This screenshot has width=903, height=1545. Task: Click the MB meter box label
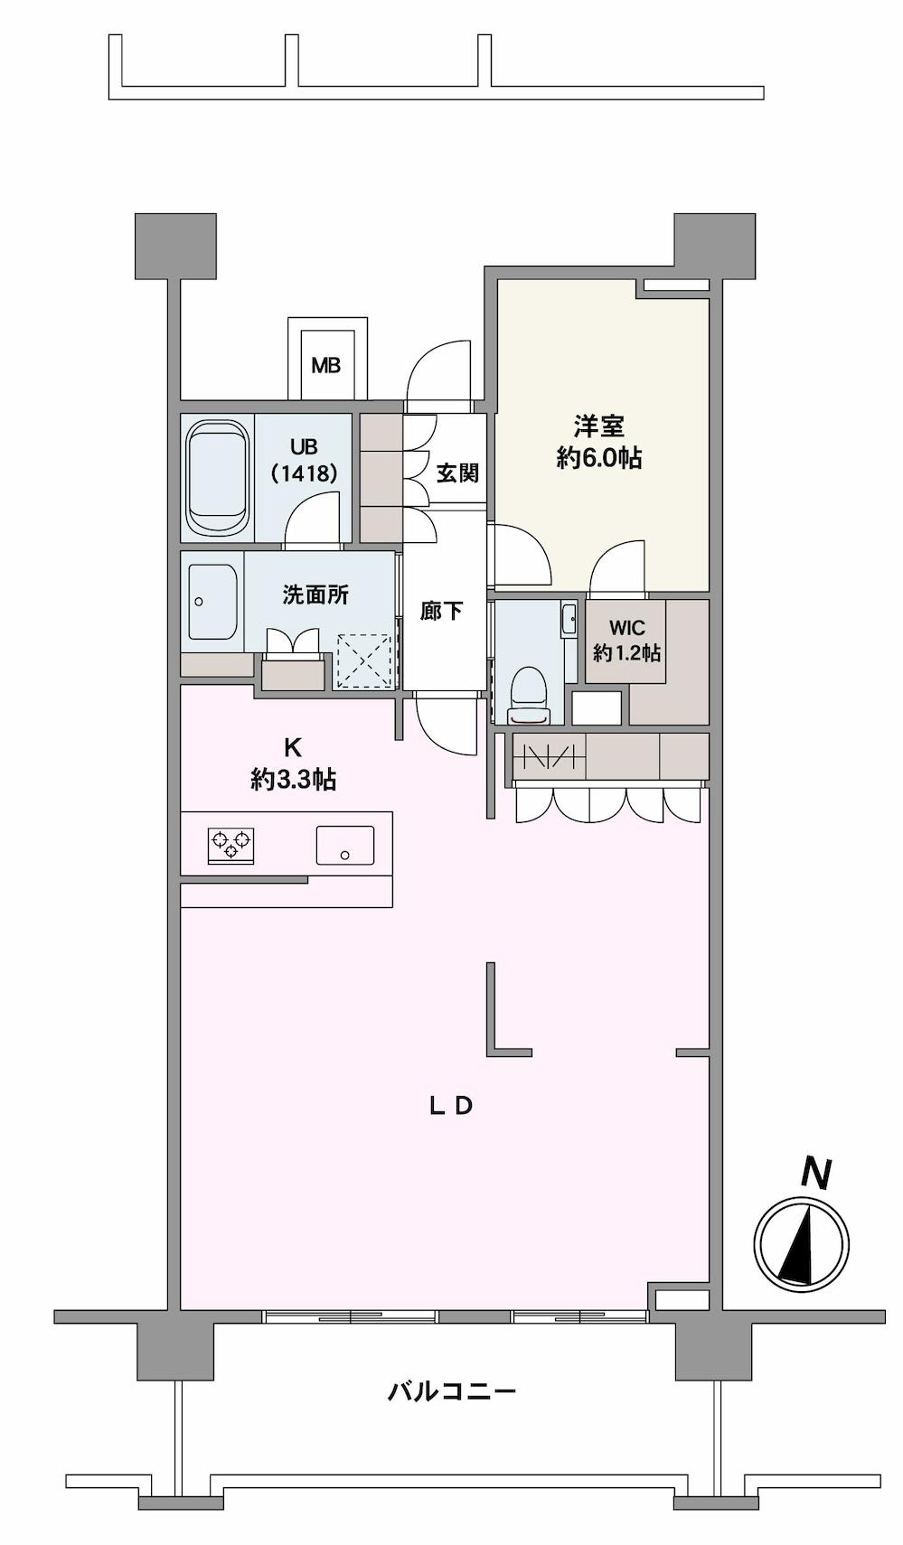pyautogui.click(x=326, y=366)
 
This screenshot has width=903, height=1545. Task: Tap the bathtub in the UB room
pyautogui.click(x=217, y=479)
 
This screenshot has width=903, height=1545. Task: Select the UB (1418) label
pyautogui.click(x=304, y=461)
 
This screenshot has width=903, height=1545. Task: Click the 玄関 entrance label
pyautogui.click(x=457, y=473)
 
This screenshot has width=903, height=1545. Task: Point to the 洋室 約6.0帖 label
pyautogui.click(x=599, y=442)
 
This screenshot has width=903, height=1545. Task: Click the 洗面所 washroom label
pyautogui.click(x=315, y=595)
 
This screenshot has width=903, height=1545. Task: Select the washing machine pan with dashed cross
pyautogui.click(x=364, y=660)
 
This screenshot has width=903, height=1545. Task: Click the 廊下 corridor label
pyautogui.click(x=442, y=612)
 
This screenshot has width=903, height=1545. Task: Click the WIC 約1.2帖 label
pyautogui.click(x=626, y=640)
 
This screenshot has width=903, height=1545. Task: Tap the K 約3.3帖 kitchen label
pyautogui.click(x=293, y=763)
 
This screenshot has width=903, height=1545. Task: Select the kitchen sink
pyautogui.click(x=344, y=846)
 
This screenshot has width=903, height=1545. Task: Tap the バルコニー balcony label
pyautogui.click(x=452, y=1390)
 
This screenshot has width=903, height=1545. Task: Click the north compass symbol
pyautogui.click(x=802, y=1243)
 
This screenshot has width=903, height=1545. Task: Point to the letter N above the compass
pyautogui.click(x=816, y=1173)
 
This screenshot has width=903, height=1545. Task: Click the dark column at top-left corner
pyautogui.click(x=175, y=246)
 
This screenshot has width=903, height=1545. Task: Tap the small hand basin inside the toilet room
pyautogui.click(x=569, y=620)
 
